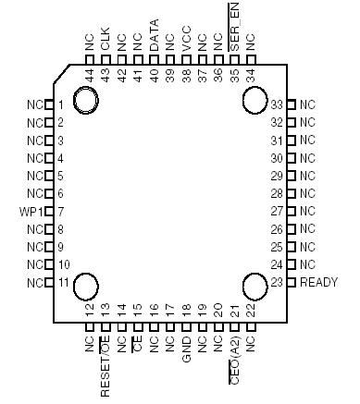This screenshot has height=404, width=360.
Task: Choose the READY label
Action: pyautogui.click(x=317, y=282)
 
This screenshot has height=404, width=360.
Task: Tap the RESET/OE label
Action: pyautogui.click(x=106, y=368)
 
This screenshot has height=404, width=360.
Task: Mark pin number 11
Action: pyautogui.click(x=62, y=282)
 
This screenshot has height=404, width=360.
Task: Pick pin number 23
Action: pyautogui.click(x=276, y=282)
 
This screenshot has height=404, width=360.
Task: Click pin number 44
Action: pyautogui.click(x=89, y=73)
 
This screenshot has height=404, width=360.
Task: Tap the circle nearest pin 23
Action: pyautogui.click(x=256, y=287)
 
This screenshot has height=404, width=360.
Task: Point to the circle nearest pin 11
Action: pyautogui.click(x=88, y=287)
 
